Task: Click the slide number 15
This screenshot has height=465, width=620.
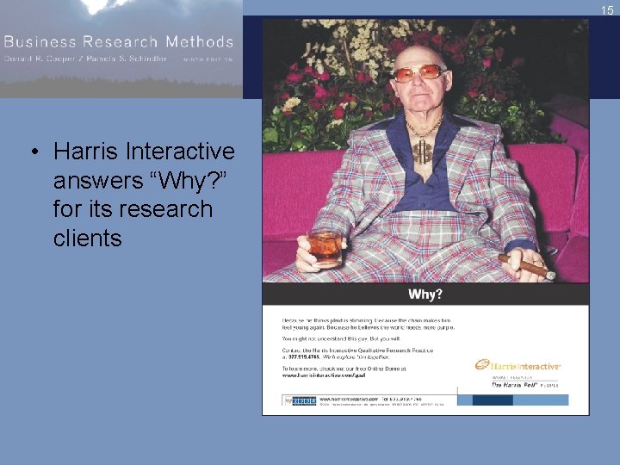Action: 607,10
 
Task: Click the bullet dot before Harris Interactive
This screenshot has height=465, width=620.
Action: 34,152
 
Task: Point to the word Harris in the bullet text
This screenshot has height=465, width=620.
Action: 84,152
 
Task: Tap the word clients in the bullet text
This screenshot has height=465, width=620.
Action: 87,238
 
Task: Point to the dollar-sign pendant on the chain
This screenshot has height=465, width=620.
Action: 422,152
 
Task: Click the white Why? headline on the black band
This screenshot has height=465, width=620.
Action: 425,294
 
